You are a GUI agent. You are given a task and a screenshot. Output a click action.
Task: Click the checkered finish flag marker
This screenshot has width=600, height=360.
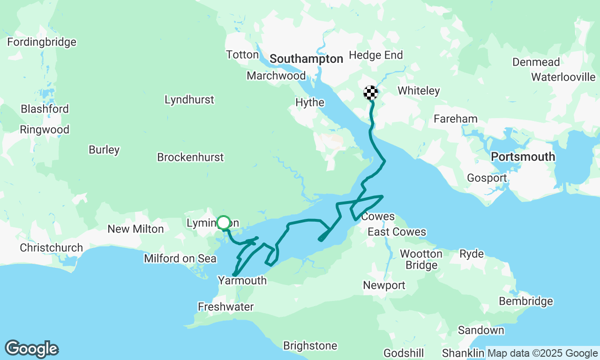(371, 93)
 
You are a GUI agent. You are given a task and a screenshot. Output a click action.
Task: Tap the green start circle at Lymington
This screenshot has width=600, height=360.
(224, 222)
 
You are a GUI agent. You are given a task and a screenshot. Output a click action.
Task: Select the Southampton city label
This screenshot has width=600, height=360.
(306, 59)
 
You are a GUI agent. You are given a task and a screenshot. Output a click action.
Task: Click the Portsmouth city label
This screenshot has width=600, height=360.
(523, 157)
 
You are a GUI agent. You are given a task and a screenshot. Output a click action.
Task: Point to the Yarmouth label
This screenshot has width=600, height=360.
(242, 280)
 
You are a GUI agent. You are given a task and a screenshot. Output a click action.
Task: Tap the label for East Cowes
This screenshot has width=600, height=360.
(397, 232)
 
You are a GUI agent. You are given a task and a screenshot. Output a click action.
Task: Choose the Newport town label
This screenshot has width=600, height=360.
(384, 285)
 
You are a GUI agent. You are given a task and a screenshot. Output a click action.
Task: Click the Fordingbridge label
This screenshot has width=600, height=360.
(42, 42)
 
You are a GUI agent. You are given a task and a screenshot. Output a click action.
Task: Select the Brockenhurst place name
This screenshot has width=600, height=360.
(190, 157)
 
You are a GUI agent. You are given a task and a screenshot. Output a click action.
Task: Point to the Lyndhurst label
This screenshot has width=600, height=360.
(189, 99)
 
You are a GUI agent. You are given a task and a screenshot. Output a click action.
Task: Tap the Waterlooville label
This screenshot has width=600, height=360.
(563, 77)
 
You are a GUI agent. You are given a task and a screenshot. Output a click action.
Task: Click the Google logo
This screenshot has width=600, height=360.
(31, 349)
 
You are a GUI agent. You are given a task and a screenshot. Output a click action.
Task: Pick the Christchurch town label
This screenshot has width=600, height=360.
(51, 247)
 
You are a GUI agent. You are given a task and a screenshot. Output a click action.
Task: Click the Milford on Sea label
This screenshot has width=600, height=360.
(180, 258)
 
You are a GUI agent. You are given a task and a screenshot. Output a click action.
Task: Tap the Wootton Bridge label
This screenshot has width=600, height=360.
(421, 259)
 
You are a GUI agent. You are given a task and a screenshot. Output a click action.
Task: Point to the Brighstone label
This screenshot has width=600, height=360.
(310, 345)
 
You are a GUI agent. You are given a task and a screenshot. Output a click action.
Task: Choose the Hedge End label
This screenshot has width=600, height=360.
(376, 55)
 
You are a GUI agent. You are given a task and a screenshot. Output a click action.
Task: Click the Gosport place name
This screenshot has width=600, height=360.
(487, 178)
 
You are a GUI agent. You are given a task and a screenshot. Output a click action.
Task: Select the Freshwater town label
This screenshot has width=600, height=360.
(225, 307)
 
